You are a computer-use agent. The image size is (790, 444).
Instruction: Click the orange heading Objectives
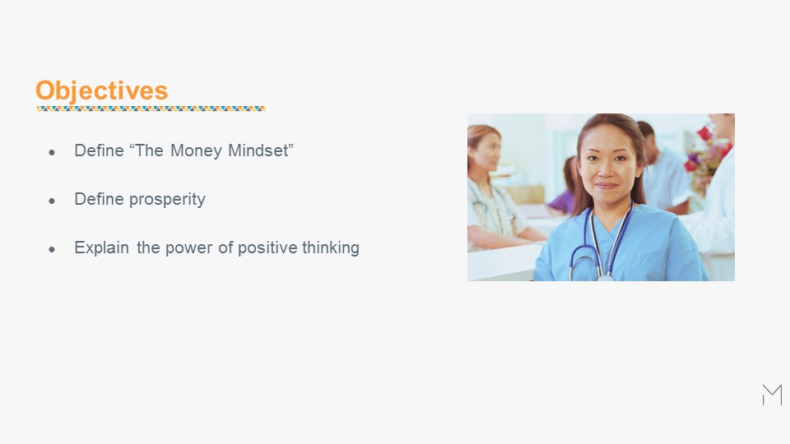102,91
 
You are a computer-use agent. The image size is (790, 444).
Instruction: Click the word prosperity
167,199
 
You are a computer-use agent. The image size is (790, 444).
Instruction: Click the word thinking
331,247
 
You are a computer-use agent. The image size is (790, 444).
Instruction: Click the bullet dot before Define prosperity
52,201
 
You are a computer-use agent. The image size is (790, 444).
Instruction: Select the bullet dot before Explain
52,249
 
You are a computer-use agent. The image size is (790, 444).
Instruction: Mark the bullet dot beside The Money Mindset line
52,153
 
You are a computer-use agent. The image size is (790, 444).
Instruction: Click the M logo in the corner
773,395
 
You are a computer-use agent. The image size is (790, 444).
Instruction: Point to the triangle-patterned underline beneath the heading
151,109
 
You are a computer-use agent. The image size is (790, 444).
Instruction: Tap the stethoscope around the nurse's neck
602,242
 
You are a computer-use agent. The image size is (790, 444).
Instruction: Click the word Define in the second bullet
100,199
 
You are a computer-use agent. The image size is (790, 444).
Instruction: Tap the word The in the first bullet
149,150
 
